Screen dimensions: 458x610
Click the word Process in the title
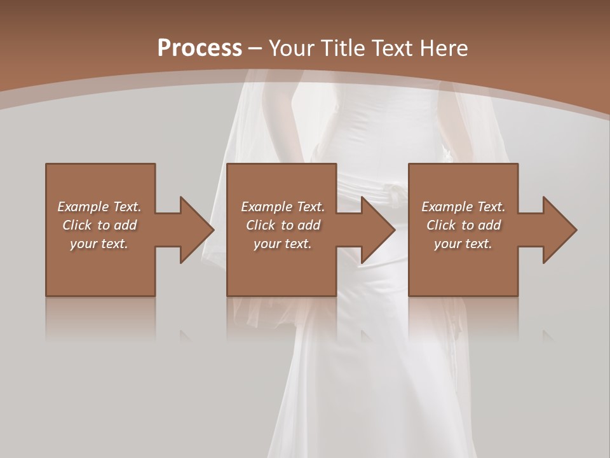tap(200, 48)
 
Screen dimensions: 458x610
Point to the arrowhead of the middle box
tap(377, 230)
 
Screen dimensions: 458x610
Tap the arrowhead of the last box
tap(559, 230)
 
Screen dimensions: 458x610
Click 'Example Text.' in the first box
tap(99, 207)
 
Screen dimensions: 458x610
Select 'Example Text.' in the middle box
tap(283, 207)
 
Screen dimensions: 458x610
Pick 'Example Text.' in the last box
tap(463, 207)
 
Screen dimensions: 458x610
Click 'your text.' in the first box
tap(99, 244)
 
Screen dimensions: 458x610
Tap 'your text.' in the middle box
tap(283, 244)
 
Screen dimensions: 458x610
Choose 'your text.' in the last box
tap(463, 244)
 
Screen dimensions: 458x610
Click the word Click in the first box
tap(76, 225)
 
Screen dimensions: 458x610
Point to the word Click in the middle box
tap(260, 225)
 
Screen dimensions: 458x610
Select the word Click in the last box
tap(440, 225)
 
